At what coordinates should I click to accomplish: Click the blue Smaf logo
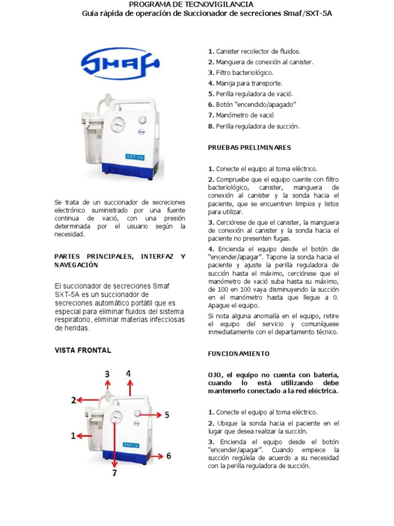120,64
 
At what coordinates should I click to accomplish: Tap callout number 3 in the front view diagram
107,374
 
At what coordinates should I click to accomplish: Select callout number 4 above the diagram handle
128,373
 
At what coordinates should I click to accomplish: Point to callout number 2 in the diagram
74,400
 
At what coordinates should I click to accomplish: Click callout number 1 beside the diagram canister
73,436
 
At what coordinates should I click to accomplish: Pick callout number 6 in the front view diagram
168,456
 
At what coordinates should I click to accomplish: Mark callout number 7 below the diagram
114,473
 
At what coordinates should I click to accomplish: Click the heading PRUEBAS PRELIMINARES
249,147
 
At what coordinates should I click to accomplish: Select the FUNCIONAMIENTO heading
239,354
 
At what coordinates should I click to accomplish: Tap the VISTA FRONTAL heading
83,350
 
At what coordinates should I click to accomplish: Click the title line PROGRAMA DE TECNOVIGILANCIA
198,4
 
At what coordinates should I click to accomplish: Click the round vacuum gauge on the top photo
117,125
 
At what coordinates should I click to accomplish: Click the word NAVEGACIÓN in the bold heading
76,265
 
